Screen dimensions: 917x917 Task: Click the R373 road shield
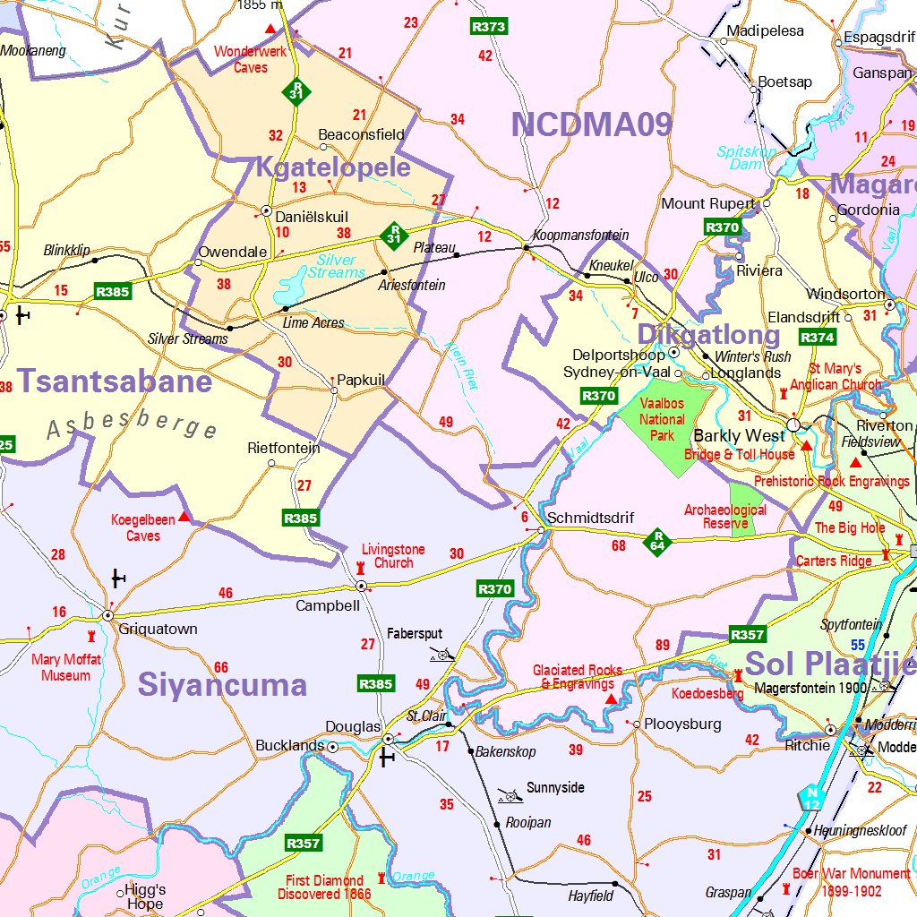[x=489, y=27]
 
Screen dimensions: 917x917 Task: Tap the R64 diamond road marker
[x=657, y=541]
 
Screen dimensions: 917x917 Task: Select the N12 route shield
[x=811, y=799]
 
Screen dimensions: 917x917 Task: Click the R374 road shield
[x=818, y=338]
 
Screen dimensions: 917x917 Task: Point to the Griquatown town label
[x=159, y=630]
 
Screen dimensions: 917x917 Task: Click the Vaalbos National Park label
[x=662, y=419]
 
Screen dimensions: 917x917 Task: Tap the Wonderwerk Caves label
[x=251, y=59]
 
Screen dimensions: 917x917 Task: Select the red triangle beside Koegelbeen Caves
[x=184, y=517]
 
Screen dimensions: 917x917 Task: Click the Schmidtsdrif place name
[x=590, y=518]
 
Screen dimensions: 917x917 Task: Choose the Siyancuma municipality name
[x=222, y=686]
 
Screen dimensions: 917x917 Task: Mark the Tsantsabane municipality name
[x=115, y=381]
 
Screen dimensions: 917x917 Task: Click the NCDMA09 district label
[x=591, y=125]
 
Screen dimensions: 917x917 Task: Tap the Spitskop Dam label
[x=747, y=159]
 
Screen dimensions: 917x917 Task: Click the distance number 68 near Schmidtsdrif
[x=619, y=545]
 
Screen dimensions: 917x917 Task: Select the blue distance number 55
[x=858, y=645]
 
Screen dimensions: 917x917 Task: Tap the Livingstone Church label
[x=393, y=556]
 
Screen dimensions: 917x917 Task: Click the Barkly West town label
[x=740, y=436]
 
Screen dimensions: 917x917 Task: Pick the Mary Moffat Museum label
[x=66, y=667]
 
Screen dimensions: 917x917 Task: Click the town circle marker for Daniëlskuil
[x=266, y=210]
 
